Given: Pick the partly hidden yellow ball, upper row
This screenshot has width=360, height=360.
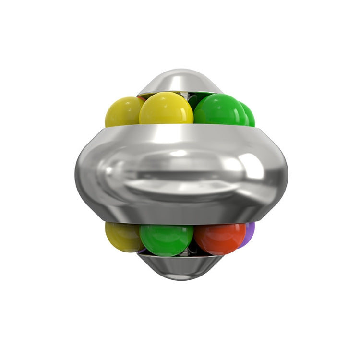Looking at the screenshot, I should [x=122, y=111].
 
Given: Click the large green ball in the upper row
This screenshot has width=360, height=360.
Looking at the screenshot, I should [x=219, y=109].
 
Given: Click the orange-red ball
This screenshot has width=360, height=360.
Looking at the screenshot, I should [x=219, y=238].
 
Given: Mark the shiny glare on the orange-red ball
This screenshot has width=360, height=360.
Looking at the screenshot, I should [x=214, y=229].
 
